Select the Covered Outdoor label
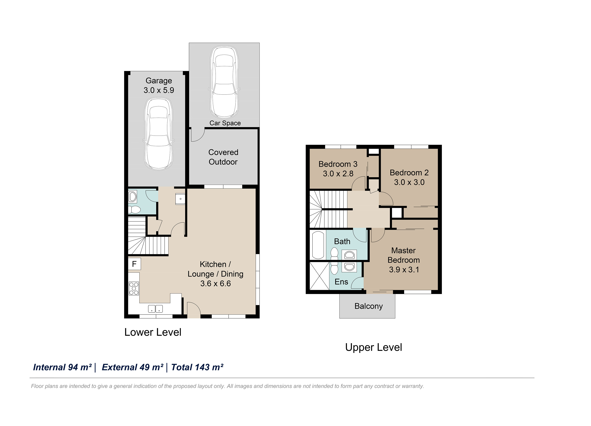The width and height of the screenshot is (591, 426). pos(223,157)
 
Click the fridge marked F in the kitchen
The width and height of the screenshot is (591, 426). pos(134,264)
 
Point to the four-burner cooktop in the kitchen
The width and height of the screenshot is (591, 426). pos(134,289)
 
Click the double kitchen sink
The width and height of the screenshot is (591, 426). pos(155,309)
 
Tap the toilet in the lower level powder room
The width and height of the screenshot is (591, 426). pos(134,210)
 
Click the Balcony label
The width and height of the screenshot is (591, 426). pos(368,306)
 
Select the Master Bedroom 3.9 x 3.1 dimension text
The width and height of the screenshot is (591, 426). pos(404,270)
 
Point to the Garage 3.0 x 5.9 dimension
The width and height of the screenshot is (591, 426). pos(159,90)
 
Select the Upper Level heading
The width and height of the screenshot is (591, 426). pos(373,347)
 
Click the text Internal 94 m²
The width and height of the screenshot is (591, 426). pos(62,367)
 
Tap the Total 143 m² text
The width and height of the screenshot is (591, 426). pos(197,367)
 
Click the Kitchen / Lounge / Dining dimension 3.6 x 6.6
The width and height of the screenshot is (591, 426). pos(215,283)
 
